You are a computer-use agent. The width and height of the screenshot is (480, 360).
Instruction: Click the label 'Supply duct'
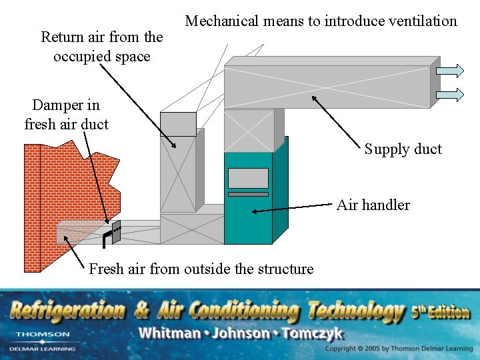pos(403,149)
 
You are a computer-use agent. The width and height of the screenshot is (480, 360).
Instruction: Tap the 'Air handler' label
pos(373,205)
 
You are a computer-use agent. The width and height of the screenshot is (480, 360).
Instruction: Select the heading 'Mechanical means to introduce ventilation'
pos(321,21)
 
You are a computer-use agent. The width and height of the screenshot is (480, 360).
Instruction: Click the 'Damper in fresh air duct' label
pos(66,114)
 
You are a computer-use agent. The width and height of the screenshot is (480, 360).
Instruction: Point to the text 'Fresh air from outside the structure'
pos(201,269)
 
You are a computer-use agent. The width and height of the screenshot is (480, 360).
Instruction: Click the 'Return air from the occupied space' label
pos(101,47)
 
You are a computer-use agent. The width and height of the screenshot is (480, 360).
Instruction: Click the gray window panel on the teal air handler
pos(248,178)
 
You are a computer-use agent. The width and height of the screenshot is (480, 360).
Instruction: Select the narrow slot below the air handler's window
pos(248,194)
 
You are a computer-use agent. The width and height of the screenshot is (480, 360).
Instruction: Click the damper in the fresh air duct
pos(115,231)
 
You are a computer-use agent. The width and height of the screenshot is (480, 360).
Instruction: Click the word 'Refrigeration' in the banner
pos(67,311)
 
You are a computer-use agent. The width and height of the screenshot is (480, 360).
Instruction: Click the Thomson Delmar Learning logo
pos(42,341)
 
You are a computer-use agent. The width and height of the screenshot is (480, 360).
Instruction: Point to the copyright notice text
pos(399,349)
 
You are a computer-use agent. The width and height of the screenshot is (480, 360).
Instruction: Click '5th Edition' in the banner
pos(439,311)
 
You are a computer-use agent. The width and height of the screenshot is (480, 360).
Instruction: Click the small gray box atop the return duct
pos(178,124)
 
